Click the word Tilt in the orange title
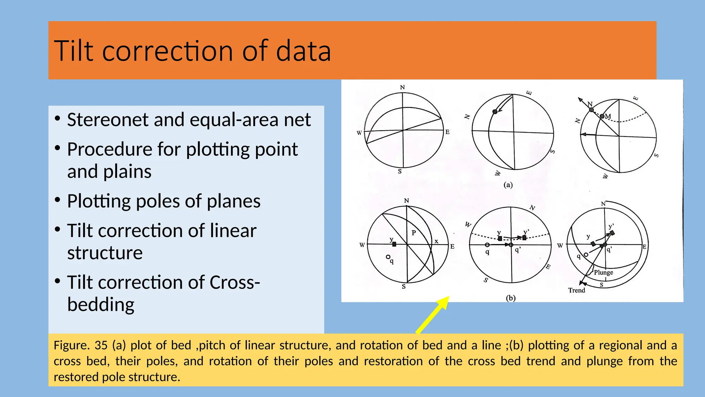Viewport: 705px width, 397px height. pyautogui.click(x=74, y=51)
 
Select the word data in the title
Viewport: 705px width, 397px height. pyautogui.click(x=303, y=51)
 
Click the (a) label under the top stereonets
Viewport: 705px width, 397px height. pyautogui.click(x=508, y=185)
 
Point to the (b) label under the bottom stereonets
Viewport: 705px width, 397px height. pyautogui.click(x=511, y=298)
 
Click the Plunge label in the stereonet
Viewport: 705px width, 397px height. pyautogui.click(x=603, y=272)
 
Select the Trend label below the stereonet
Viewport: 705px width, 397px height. pyautogui.click(x=577, y=291)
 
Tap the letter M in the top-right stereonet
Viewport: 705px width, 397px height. pyautogui.click(x=608, y=116)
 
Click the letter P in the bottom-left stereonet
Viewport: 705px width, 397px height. pyautogui.click(x=414, y=233)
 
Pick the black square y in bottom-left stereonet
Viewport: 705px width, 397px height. pyautogui.click(x=394, y=244)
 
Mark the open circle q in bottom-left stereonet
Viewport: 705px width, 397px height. pyautogui.click(x=388, y=257)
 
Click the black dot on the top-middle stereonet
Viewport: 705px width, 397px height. pyautogui.click(x=495, y=112)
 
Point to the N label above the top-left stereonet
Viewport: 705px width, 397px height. pyautogui.click(x=402, y=88)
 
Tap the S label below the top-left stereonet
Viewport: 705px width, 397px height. pyautogui.click(x=400, y=172)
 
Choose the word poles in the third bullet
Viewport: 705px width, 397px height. pyautogui.click(x=158, y=201)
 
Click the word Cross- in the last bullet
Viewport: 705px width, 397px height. pyautogui.click(x=235, y=283)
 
